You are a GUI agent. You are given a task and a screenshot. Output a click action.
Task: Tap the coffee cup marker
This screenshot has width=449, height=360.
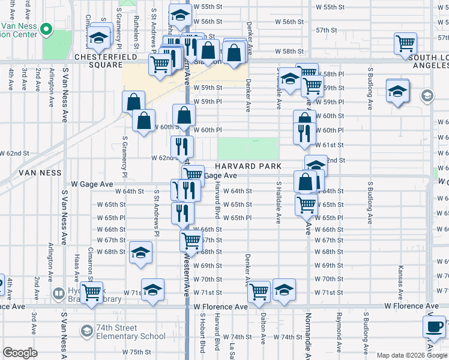click(x=434, y=327)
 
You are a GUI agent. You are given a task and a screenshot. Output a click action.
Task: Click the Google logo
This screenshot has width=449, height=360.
click(x=20, y=353)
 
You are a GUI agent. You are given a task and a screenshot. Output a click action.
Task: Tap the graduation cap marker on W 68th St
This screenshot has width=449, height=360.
click(x=140, y=253)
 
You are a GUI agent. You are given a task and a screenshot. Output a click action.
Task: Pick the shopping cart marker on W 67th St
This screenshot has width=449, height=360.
click(x=191, y=241)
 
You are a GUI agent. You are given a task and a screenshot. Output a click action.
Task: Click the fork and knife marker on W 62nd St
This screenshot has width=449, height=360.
click(x=182, y=146)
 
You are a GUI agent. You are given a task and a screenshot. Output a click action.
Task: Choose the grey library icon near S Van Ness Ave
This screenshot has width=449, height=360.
click(x=58, y=294)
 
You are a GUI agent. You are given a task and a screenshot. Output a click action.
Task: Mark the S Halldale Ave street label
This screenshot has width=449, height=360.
click(x=279, y=202)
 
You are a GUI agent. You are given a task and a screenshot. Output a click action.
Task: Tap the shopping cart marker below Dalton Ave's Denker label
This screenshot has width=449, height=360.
click(x=259, y=291)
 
